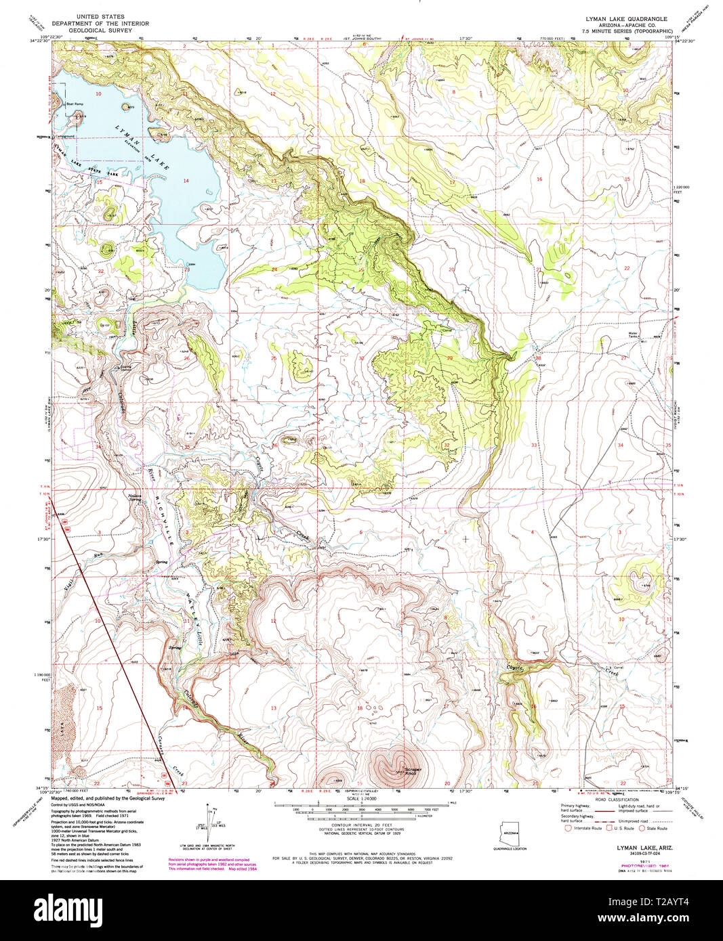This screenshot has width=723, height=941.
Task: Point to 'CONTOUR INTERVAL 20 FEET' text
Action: [360, 825]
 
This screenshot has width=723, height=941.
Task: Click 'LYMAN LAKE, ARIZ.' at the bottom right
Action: [640, 848]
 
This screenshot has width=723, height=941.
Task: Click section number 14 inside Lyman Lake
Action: [186, 180]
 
